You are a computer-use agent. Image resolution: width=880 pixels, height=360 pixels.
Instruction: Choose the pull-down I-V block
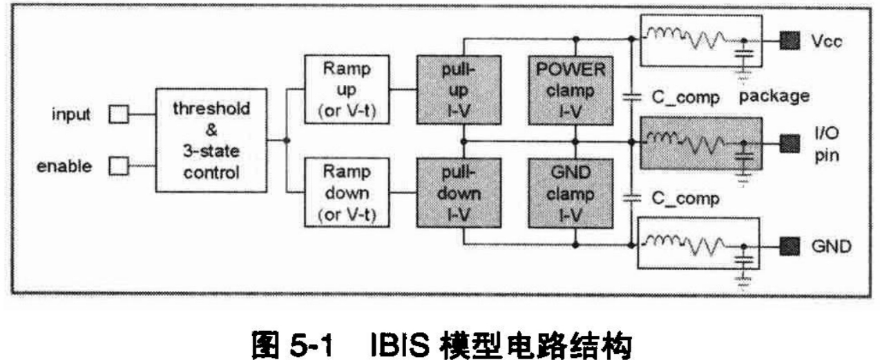click(x=443, y=193)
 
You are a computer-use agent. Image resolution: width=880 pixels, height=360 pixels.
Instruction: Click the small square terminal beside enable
click(x=119, y=166)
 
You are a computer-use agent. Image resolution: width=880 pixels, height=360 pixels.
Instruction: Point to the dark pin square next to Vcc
click(x=788, y=41)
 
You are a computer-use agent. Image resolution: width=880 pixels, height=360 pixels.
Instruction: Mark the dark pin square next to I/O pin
click(x=788, y=143)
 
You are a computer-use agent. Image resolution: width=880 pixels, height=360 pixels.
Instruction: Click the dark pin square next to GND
click(x=788, y=245)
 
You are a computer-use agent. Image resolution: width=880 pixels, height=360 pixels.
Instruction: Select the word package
click(x=774, y=95)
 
